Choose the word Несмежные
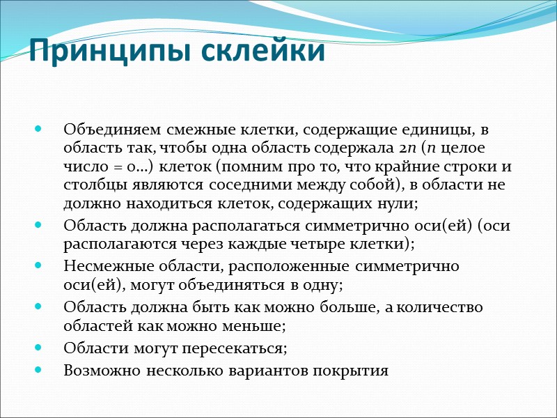click(x=101, y=266)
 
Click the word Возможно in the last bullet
click(x=98, y=370)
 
